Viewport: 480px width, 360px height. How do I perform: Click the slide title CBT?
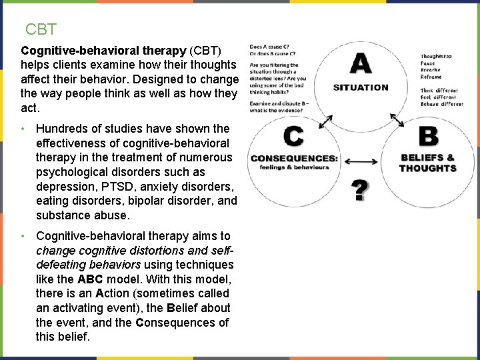click(41, 29)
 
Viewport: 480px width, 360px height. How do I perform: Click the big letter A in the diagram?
click(360, 65)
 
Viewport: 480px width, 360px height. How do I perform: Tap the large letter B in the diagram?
click(428, 137)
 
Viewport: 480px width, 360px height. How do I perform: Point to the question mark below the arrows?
click(359, 191)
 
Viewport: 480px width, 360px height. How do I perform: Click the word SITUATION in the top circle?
click(361, 87)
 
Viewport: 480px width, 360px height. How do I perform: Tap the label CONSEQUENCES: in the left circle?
click(294, 159)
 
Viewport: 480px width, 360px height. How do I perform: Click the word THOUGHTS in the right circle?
click(427, 168)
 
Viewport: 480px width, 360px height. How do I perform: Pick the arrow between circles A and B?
click(397, 120)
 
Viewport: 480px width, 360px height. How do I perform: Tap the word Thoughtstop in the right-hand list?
click(436, 56)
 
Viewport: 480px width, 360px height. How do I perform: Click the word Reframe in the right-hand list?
click(431, 77)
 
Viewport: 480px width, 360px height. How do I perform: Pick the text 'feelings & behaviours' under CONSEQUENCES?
click(294, 167)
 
